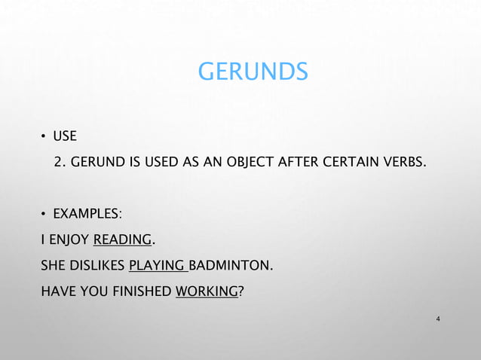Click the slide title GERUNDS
[253, 72]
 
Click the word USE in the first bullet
[65, 137]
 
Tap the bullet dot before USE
[44, 137]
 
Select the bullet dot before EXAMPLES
[44, 216]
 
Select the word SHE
[53, 267]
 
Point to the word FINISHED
[141, 291]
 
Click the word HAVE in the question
[57, 291]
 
